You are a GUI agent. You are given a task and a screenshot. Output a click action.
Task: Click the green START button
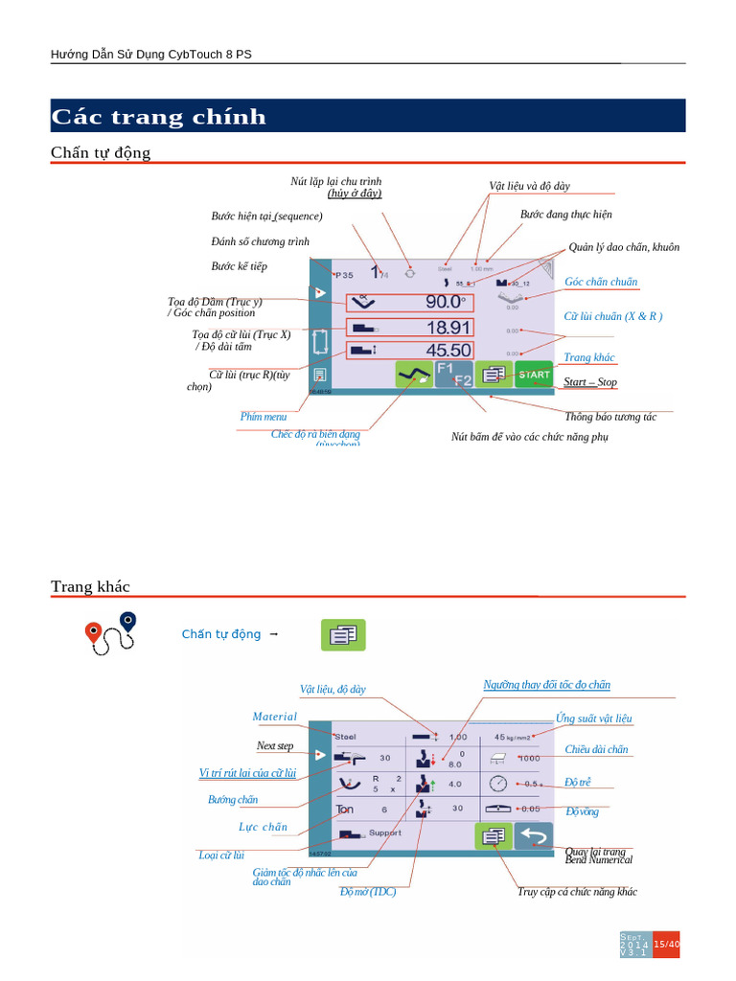534,375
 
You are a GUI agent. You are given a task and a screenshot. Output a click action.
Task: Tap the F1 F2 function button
454,375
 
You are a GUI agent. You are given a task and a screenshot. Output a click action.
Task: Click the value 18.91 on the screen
448,327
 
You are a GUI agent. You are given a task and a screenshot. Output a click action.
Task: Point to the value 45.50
448,351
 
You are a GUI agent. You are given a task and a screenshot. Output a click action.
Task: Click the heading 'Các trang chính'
159,117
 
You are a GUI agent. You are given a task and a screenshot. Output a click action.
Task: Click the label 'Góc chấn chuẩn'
601,282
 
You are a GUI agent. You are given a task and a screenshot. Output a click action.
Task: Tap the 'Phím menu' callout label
264,417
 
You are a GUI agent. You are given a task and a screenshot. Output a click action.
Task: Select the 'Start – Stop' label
589,382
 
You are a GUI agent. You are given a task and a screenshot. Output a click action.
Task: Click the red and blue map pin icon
108,633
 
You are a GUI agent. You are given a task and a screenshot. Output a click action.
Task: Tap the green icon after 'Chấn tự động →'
342,634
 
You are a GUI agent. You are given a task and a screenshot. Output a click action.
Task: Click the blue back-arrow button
534,835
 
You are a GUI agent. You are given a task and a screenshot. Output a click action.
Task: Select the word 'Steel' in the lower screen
344,737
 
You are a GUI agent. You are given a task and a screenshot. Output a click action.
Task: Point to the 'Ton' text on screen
345,810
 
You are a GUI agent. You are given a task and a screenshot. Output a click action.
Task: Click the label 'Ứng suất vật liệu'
593,719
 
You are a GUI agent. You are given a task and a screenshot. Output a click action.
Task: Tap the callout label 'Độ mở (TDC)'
368,892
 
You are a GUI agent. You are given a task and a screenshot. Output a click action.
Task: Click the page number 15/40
667,945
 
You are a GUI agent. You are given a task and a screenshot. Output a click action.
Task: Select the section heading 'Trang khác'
90,586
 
